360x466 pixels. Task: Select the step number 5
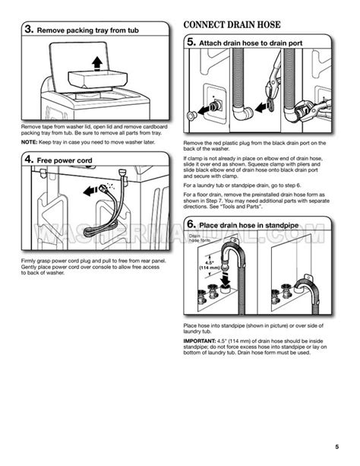192,44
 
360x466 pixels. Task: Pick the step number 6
192,224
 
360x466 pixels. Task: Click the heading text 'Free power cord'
69,160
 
